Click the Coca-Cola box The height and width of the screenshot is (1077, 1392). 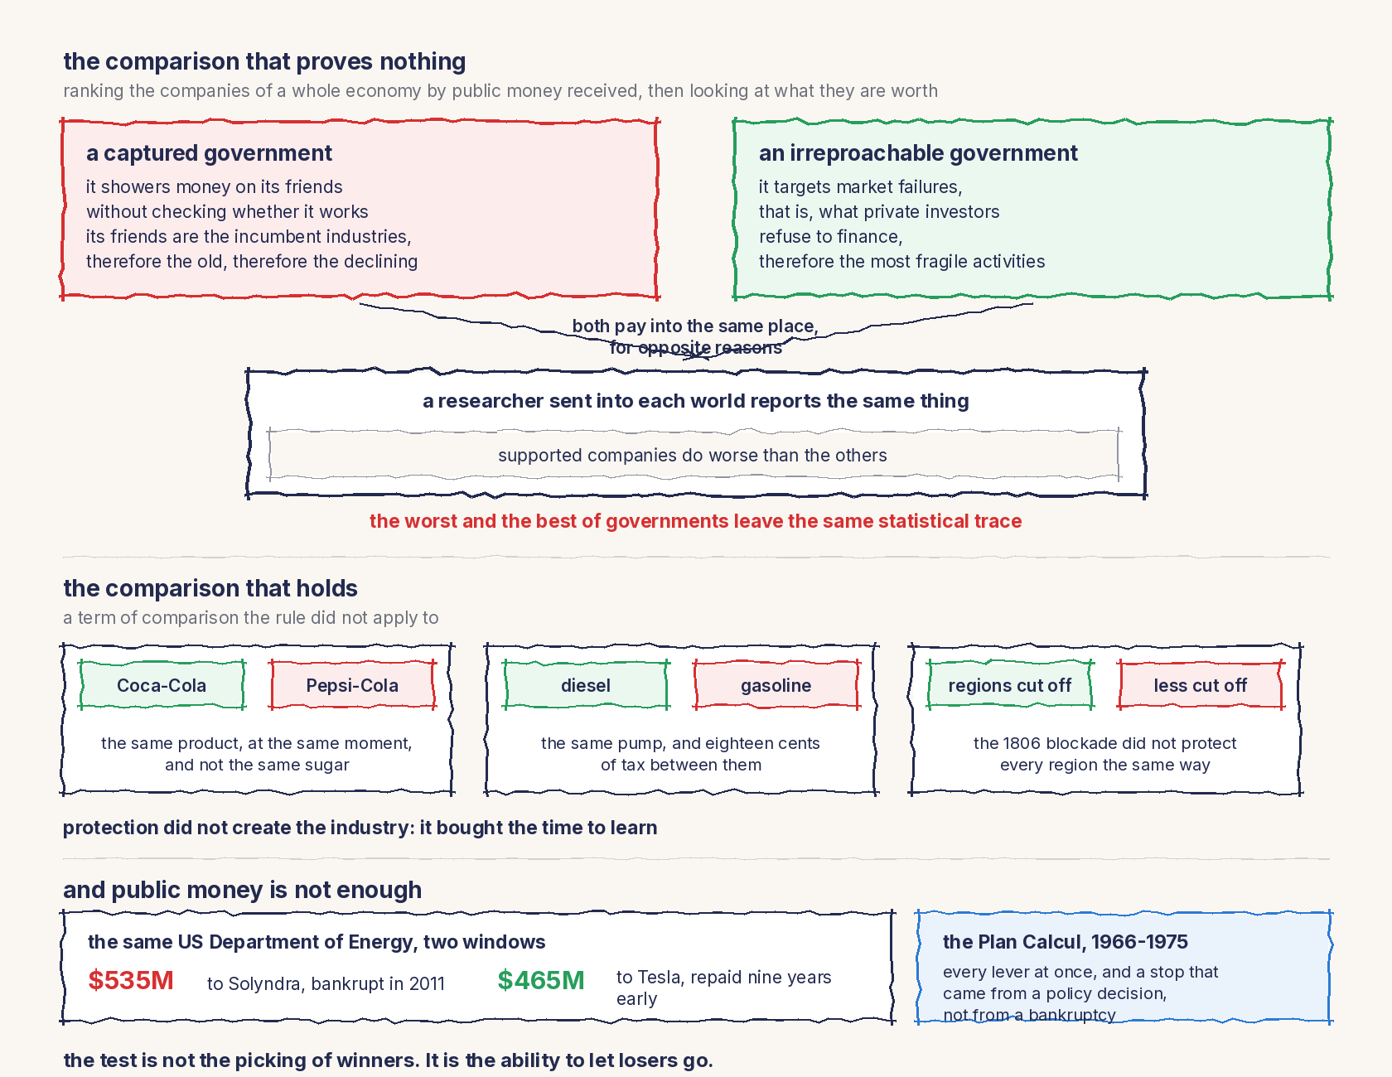pyautogui.click(x=162, y=685)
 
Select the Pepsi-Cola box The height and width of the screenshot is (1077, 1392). pyautogui.click(x=353, y=685)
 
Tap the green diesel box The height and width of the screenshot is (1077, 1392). pyautogui.click(x=586, y=685)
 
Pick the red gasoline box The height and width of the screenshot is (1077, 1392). pyautogui.click(x=776, y=685)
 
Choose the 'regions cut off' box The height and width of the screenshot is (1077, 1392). pyautogui.click(x=1010, y=685)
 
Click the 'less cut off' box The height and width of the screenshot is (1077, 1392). pyautogui.click(x=1201, y=685)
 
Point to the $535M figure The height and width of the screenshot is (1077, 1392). pyautogui.click(x=131, y=980)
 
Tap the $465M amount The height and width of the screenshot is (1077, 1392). pyautogui.click(x=541, y=980)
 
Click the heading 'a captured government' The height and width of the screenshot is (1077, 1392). pyautogui.click(x=209, y=153)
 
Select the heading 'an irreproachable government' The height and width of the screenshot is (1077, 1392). pyautogui.click(x=918, y=153)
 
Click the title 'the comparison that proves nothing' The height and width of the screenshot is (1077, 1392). pyautogui.click(x=264, y=61)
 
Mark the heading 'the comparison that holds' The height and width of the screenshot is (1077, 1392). pyautogui.click(x=210, y=588)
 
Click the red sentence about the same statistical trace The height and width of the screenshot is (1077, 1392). pyautogui.click(x=695, y=521)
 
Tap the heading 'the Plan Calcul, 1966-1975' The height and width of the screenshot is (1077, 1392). pyautogui.click(x=1066, y=942)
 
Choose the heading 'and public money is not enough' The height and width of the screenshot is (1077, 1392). pyautogui.click(x=242, y=890)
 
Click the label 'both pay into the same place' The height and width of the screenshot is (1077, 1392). pyautogui.click(x=695, y=326)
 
